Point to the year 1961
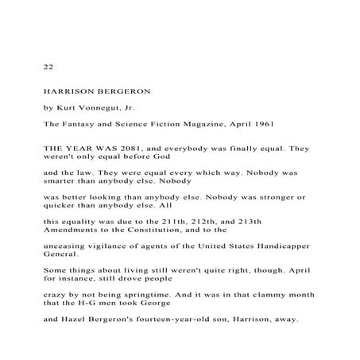[x=264, y=123]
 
